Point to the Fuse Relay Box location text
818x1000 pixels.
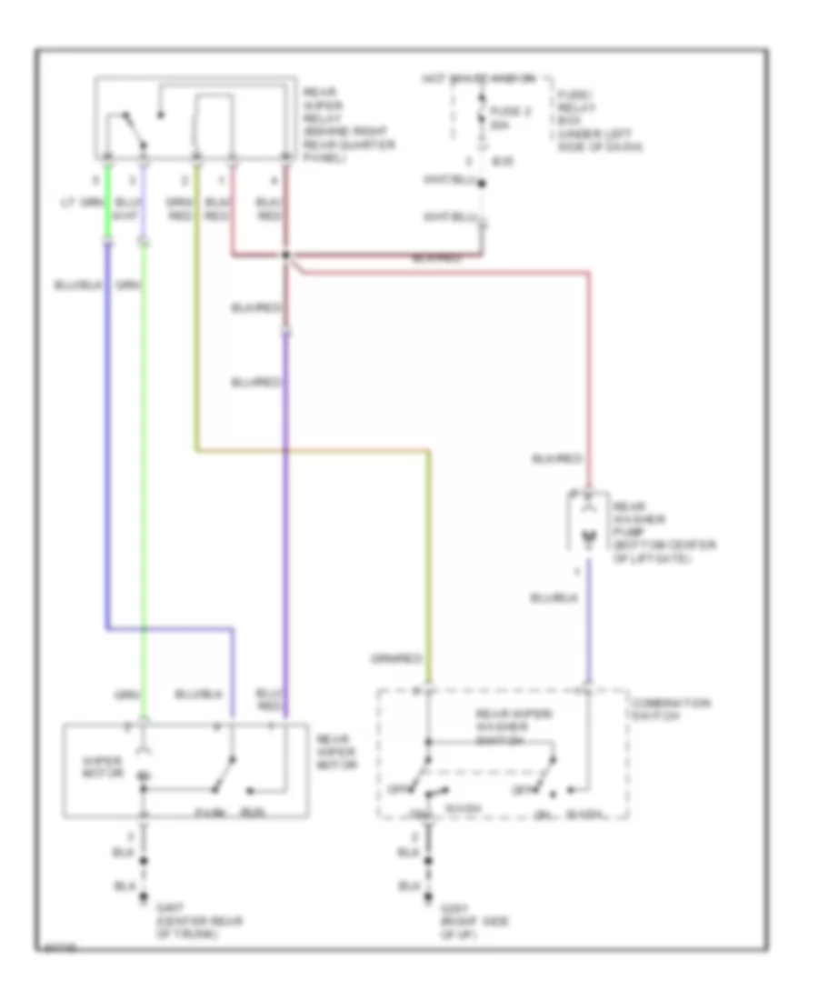point(586,119)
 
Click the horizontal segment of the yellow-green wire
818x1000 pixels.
point(309,450)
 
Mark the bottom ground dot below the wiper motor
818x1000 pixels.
point(143,901)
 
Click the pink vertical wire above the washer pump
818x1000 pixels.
point(588,382)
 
